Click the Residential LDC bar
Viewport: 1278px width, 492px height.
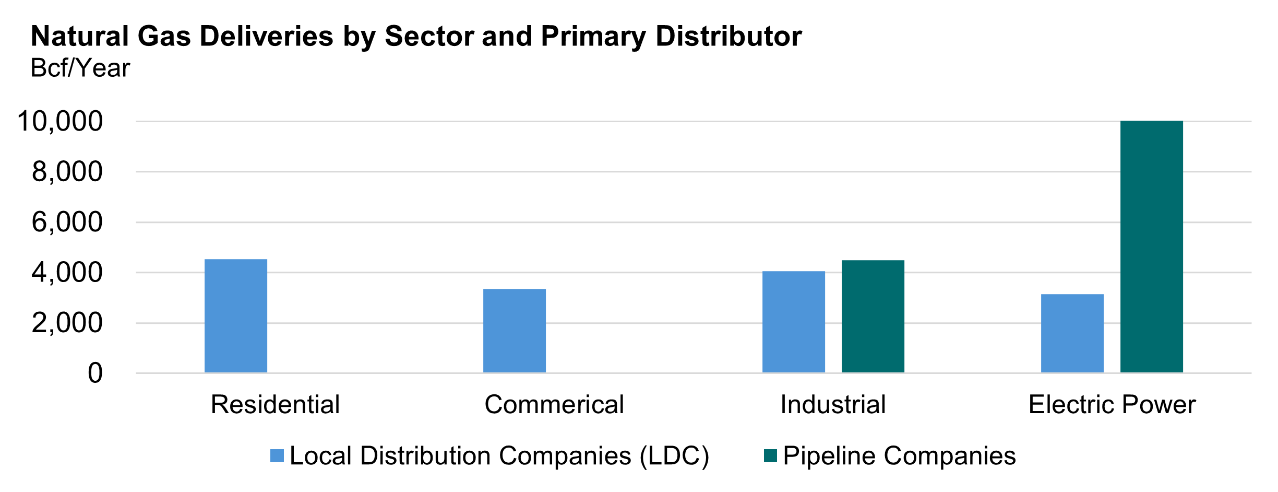[236, 316]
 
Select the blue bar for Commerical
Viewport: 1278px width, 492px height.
[515, 331]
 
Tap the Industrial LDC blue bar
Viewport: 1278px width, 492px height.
[794, 322]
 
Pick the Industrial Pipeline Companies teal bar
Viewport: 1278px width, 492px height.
[873, 317]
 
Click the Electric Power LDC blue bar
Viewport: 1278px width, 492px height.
[1072, 333]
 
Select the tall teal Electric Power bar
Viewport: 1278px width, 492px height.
[1152, 247]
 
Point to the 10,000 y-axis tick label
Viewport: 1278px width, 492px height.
[61, 121]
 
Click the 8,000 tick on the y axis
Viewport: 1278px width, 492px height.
[67, 172]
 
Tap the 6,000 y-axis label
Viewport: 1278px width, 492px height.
[67, 222]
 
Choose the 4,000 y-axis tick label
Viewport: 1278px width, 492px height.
[67, 273]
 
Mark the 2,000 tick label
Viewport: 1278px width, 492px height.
[67, 323]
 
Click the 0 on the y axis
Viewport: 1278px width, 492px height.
[95, 373]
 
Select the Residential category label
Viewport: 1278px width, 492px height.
[275, 404]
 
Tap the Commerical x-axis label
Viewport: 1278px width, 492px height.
[554, 404]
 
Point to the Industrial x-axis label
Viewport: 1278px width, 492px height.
[833, 404]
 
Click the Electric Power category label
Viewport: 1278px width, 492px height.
[1112, 404]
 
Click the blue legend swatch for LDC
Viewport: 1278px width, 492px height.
[277, 455]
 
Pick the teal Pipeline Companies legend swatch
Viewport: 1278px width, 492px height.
[770, 455]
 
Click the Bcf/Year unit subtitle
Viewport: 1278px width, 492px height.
[80, 68]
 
